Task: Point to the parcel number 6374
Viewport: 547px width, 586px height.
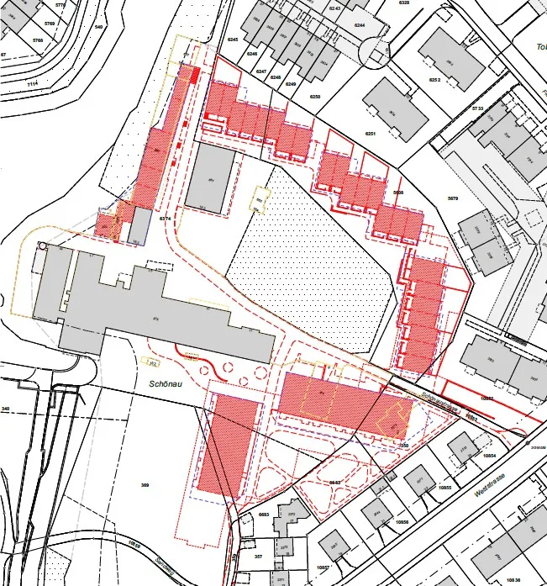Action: point(165,219)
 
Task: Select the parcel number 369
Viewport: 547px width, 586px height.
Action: point(145,486)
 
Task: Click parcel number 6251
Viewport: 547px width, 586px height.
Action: point(371,134)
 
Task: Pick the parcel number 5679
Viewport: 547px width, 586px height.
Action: point(453,198)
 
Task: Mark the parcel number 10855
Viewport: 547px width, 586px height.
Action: point(445,488)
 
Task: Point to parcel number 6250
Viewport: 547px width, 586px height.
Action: point(315,98)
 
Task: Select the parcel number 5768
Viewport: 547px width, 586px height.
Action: point(37,40)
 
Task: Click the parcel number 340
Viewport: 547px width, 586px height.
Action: point(6,409)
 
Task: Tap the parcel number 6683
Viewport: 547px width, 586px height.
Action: point(263,514)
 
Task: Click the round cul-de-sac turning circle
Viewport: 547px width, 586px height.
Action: point(371,53)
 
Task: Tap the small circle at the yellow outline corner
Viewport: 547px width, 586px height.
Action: point(42,247)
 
